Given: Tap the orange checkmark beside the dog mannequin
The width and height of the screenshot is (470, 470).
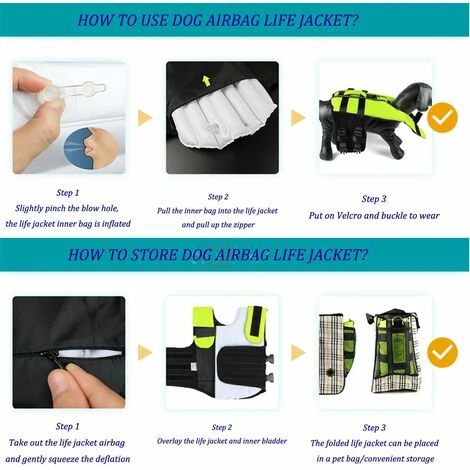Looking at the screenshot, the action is point(443,118).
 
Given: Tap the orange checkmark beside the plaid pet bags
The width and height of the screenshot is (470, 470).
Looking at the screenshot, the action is point(443,352).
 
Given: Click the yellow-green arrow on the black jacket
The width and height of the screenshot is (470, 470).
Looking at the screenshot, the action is point(206,81).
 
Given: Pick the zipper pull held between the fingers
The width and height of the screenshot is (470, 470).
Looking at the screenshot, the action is point(53,359).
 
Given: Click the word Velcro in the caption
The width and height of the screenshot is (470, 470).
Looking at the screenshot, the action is point(349,216).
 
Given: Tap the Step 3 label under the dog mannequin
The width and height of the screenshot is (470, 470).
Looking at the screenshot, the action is point(374,199).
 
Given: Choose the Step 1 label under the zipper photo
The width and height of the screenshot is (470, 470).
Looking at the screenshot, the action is point(68,426).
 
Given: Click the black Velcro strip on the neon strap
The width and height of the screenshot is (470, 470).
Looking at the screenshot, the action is point(257,321).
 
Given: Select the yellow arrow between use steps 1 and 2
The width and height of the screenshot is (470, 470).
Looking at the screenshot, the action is point(145,118).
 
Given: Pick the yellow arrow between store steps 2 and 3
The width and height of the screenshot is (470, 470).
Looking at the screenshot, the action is point(298,353).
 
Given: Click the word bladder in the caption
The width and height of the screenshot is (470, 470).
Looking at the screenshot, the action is point(274,441).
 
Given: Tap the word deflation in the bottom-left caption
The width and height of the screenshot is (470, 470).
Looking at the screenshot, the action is point(113,459).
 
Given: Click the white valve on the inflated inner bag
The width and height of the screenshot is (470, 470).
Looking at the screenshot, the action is point(212,127).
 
